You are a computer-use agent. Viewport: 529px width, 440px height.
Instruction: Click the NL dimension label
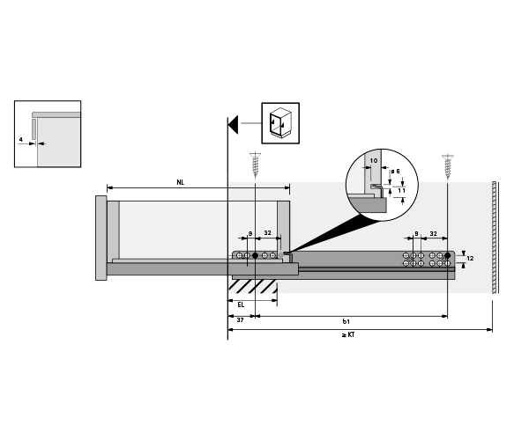click(180, 182)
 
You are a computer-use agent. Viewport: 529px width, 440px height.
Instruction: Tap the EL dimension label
click(242, 304)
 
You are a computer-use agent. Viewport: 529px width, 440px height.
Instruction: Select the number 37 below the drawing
click(240, 320)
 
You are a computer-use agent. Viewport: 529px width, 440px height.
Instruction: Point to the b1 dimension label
click(346, 320)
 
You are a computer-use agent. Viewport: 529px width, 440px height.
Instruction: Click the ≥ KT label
click(350, 334)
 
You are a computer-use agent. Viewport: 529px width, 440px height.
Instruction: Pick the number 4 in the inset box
click(21, 140)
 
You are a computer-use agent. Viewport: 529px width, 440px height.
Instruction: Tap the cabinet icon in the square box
click(280, 122)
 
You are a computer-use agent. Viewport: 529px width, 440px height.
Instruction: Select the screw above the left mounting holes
click(255, 165)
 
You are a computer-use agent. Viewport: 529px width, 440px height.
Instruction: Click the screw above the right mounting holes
click(449, 165)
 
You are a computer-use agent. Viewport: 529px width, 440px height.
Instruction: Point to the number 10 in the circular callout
click(373, 162)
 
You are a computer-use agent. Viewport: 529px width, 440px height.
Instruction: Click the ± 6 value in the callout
click(397, 171)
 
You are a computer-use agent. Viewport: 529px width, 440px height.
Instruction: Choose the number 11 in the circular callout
click(401, 189)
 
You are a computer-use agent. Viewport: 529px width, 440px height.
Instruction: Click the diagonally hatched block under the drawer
click(254, 287)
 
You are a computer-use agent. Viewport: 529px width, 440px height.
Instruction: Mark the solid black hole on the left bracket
click(255, 255)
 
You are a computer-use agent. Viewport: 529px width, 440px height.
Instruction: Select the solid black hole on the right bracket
click(449, 255)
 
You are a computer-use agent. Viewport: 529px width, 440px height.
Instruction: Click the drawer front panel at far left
click(101, 238)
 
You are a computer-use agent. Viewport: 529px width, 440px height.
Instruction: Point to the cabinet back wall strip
click(496, 238)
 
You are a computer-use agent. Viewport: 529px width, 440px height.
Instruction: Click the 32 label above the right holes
click(433, 234)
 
